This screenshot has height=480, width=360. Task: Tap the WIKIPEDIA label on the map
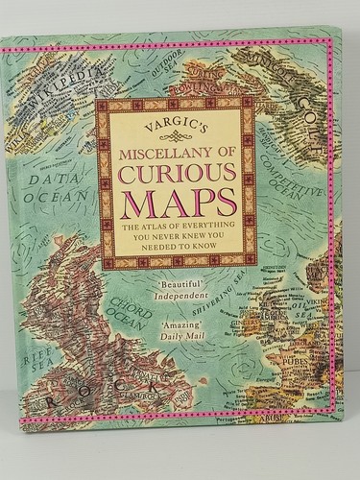click(x=58, y=102)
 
